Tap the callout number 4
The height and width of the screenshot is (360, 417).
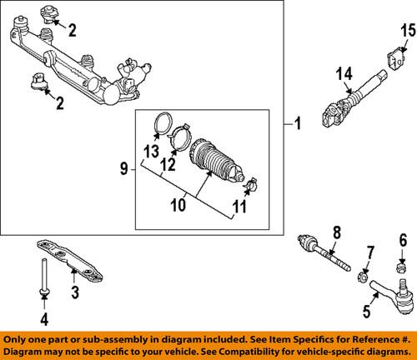[x=45, y=317]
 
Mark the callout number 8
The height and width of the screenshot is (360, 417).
[x=336, y=232]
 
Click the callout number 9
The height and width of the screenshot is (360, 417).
[x=123, y=169]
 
